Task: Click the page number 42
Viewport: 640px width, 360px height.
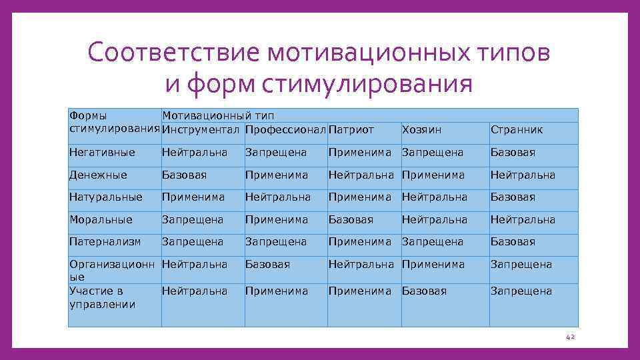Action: click(569, 338)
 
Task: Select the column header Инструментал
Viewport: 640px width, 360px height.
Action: click(201, 129)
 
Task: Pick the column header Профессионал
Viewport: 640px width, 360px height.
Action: click(285, 129)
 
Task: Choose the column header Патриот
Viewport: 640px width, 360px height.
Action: click(351, 129)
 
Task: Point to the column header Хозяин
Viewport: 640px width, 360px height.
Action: click(421, 129)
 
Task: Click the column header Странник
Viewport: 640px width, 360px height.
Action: click(517, 129)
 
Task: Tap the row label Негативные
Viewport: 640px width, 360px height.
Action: click(102, 152)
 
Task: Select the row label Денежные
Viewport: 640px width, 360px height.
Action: click(98, 175)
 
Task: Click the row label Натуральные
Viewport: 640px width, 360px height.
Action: click(106, 197)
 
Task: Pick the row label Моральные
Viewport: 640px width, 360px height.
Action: click(101, 219)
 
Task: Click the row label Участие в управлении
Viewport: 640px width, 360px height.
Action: click(102, 297)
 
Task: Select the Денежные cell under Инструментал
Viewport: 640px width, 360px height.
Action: click(184, 175)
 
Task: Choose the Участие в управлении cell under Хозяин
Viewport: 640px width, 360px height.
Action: click(424, 291)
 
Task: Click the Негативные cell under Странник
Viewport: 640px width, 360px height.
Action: click(513, 152)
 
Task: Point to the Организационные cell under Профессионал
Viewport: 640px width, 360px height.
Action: click(267, 264)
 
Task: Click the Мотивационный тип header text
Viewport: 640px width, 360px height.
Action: click(218, 115)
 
